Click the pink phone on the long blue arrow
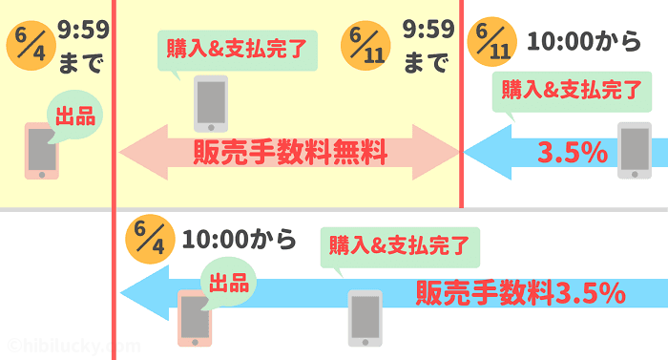coord(195,319)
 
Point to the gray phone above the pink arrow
coord(211,102)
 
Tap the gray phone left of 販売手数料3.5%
coord(365,317)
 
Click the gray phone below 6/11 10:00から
coord(634,150)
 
